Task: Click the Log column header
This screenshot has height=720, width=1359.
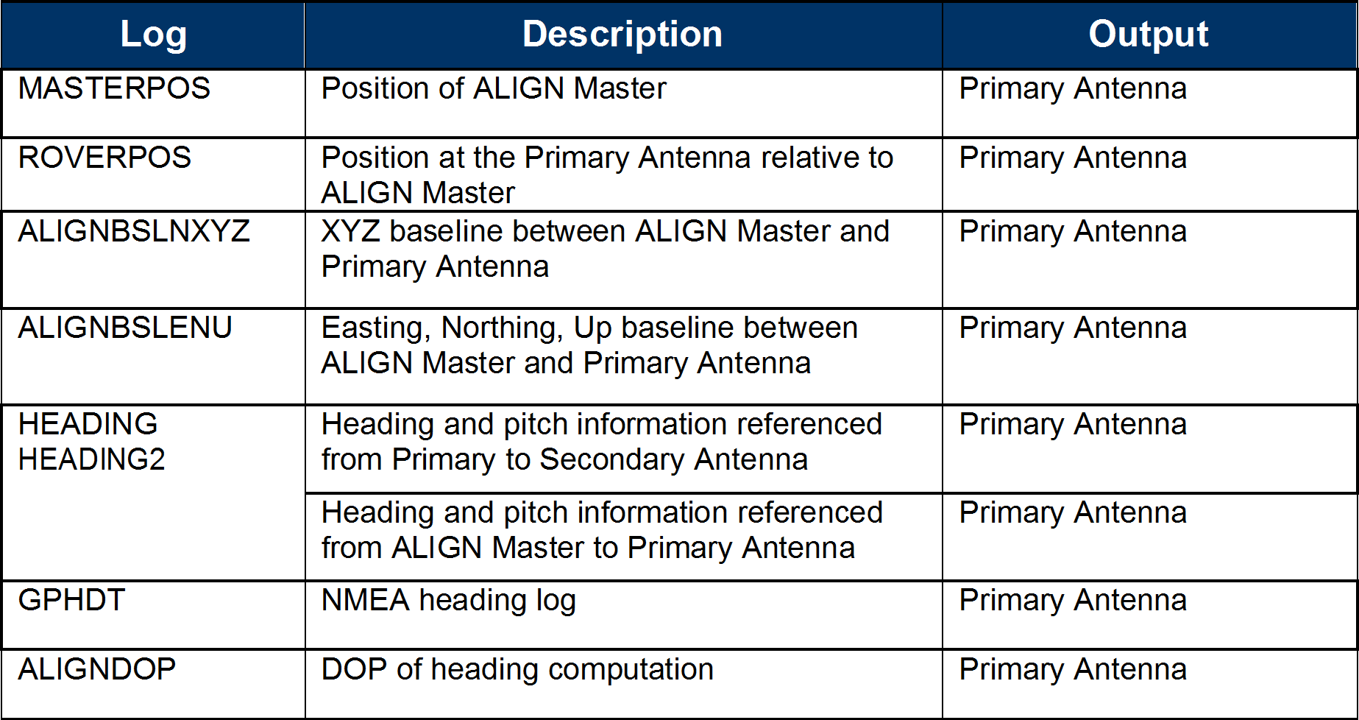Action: point(154,35)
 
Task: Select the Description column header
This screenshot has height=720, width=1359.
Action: point(622,35)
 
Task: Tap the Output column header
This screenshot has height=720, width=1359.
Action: point(1149,35)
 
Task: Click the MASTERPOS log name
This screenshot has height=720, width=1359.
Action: point(114,88)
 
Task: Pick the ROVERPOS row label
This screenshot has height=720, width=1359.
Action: point(104,158)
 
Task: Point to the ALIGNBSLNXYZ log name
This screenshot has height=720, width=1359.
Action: point(134,231)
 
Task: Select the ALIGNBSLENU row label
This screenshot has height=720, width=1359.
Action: point(125,328)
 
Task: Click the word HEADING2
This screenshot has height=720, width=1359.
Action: point(92,459)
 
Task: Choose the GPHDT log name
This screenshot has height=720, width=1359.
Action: point(71,600)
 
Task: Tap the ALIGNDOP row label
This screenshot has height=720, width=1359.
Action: point(97,669)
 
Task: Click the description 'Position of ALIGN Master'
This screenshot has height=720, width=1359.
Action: point(494,88)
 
